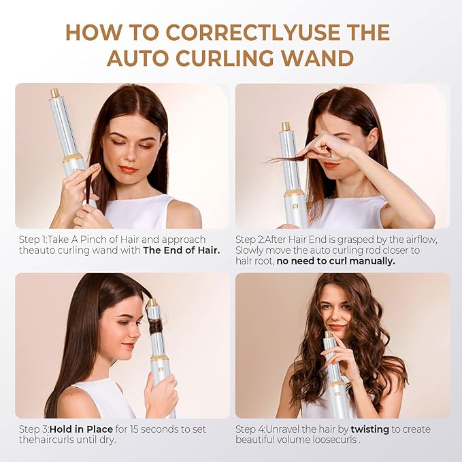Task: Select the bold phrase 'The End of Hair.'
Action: [182, 250]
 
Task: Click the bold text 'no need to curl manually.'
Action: [335, 261]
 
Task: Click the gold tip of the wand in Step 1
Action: [54, 93]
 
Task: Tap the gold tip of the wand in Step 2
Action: [286, 127]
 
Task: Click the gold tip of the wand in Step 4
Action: [328, 334]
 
